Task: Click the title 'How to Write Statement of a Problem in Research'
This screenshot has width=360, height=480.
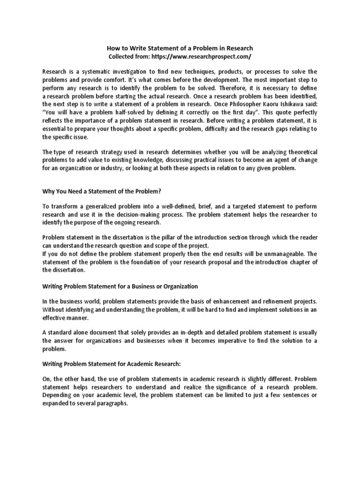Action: point(180,48)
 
